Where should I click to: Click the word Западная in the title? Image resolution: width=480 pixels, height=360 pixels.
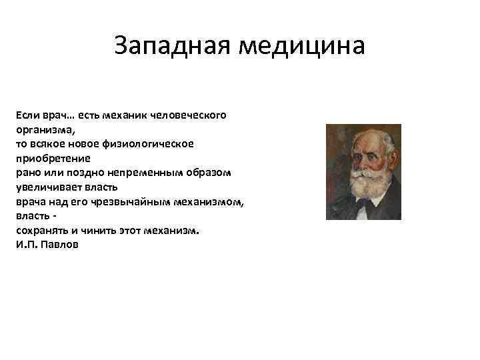[173, 46]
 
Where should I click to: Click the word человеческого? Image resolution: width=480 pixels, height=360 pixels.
[189, 115]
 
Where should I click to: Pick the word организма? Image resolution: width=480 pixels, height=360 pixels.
[45, 129]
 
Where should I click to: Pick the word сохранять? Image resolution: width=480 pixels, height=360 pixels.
[41, 230]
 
